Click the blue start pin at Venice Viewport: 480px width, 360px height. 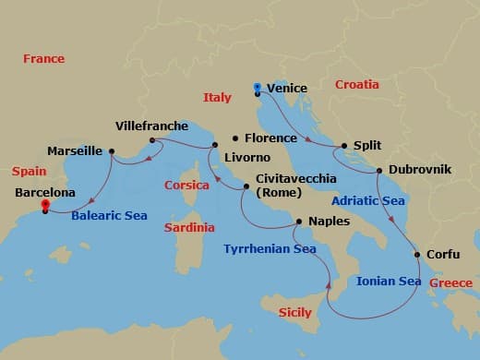257,89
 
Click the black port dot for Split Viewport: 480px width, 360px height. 344,146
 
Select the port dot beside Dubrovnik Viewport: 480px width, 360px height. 378,171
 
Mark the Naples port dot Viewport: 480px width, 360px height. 299,222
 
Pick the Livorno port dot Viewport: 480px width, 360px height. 214,145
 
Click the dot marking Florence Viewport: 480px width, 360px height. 234,138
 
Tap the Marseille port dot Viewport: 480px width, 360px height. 112,150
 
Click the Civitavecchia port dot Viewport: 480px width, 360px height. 246,187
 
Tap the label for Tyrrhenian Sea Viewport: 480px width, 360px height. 269,248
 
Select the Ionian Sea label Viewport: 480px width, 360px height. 389,282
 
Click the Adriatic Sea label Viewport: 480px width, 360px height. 367,200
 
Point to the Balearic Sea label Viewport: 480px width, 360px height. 109,216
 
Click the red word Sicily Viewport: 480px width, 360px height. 294,313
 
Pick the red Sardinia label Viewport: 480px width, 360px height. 188,227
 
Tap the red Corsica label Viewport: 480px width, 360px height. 186,185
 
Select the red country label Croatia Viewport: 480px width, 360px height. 357,84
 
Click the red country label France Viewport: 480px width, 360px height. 43,59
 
